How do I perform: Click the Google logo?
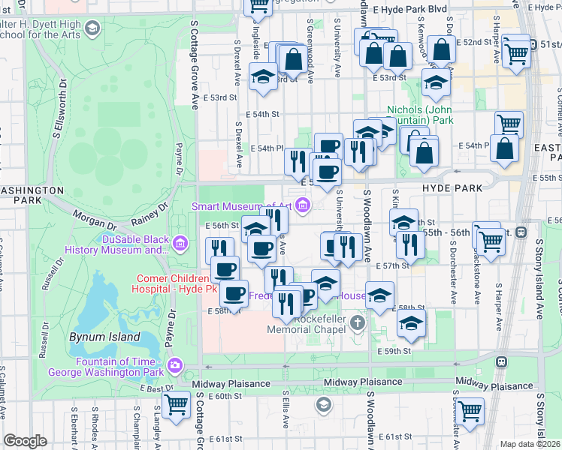[25, 441]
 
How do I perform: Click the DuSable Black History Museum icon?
[180, 243]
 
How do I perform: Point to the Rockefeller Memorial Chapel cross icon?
[357, 324]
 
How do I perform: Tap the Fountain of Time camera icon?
[175, 365]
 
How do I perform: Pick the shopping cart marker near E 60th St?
[177, 404]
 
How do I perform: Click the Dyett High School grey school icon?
[92, 29]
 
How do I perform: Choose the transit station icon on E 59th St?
[500, 362]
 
